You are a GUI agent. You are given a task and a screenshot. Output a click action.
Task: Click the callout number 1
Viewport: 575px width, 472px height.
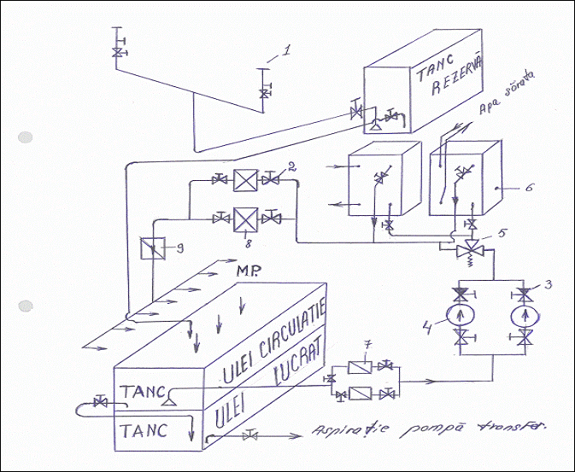pyautogui.click(x=287, y=50)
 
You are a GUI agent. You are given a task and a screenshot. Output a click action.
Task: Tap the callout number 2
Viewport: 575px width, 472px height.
pyautogui.click(x=291, y=166)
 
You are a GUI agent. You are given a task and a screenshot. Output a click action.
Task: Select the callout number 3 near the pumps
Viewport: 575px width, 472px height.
pyautogui.click(x=548, y=283)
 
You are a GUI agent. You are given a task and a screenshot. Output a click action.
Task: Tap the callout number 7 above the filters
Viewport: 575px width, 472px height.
pyautogui.click(x=367, y=345)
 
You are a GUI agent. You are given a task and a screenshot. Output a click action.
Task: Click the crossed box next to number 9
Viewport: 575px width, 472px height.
pyautogui.click(x=152, y=251)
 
